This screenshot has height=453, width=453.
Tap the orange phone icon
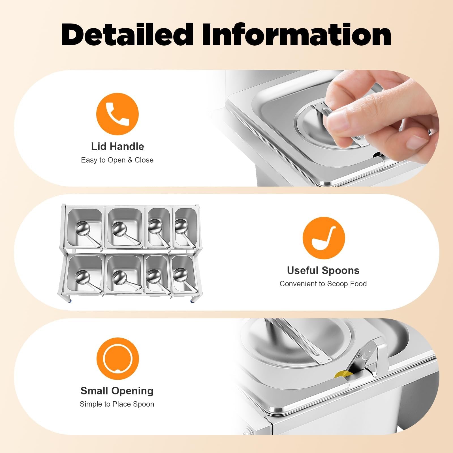tap(117, 114)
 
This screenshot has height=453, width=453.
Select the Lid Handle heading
tap(117, 146)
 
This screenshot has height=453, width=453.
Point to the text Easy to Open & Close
tap(117, 160)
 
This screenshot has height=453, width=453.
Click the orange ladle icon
tap(324, 238)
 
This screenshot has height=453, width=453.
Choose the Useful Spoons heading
tap(323, 270)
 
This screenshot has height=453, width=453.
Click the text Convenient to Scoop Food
tap(323, 284)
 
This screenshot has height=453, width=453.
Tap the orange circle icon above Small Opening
tap(117, 359)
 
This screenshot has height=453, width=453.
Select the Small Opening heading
tap(117, 391)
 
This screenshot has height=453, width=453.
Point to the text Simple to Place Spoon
tap(117, 404)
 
